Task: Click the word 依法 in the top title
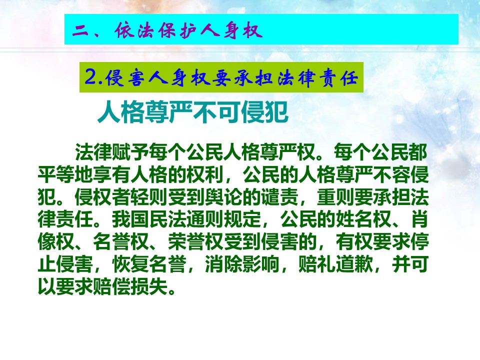pos(134,30)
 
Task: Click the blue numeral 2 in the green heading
pos(91,76)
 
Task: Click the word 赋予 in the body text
pos(131,152)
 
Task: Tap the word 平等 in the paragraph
pos(56,174)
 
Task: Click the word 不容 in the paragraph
pos(391,174)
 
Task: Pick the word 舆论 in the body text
pos(224,197)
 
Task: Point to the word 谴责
pos(280,197)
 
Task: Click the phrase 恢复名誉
pos(149,264)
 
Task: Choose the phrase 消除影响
pos(242,264)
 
